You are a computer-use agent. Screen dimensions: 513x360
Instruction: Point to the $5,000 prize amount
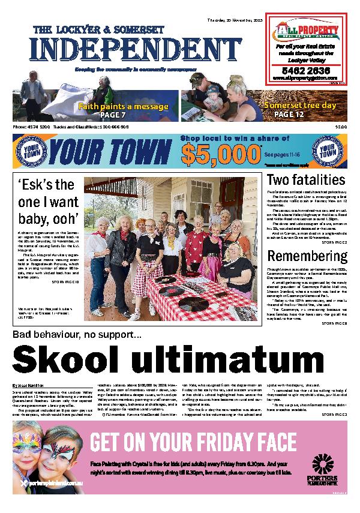click(x=215, y=154)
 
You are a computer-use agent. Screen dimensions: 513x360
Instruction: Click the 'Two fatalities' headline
click(x=306, y=180)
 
